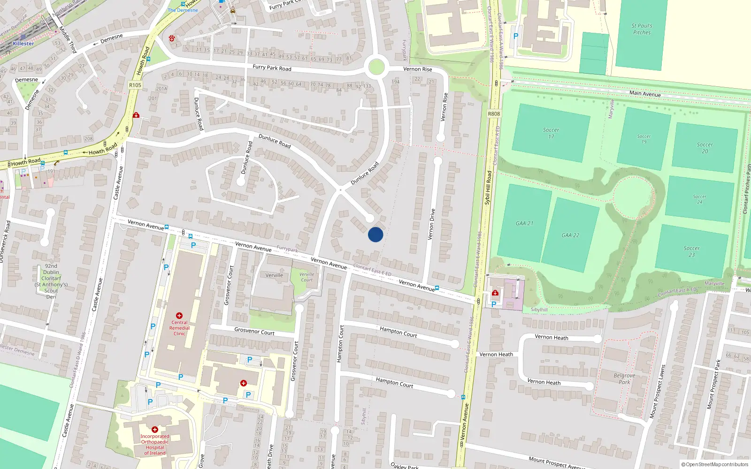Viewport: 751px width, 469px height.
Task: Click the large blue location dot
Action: click(x=375, y=234)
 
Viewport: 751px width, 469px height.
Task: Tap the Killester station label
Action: click(x=23, y=44)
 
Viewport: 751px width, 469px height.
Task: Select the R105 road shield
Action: click(x=135, y=85)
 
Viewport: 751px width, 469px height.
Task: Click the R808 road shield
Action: click(x=494, y=113)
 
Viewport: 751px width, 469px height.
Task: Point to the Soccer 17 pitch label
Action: click(x=551, y=133)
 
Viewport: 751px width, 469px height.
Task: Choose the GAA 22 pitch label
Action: click(x=570, y=235)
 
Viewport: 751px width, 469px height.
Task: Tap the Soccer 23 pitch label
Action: click(x=691, y=251)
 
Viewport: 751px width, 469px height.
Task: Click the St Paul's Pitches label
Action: click(x=642, y=29)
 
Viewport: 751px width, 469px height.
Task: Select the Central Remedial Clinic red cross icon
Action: click(x=179, y=316)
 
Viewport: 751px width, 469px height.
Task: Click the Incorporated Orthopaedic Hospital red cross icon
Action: click(x=155, y=430)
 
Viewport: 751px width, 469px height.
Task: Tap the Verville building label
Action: click(x=274, y=275)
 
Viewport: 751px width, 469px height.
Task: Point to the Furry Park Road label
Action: click(x=272, y=68)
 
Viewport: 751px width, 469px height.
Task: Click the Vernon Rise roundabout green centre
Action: click(x=376, y=67)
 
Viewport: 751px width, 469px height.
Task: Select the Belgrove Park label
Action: click(x=624, y=378)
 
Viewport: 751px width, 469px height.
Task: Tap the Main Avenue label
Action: click(x=645, y=93)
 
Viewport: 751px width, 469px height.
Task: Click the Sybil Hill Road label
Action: click(x=488, y=188)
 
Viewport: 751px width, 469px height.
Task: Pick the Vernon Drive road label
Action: click(x=431, y=224)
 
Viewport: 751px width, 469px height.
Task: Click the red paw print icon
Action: click(x=172, y=38)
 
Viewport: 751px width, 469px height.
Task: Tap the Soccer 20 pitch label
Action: click(x=705, y=148)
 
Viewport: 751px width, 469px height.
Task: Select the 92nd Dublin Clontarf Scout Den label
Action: click(x=51, y=281)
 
